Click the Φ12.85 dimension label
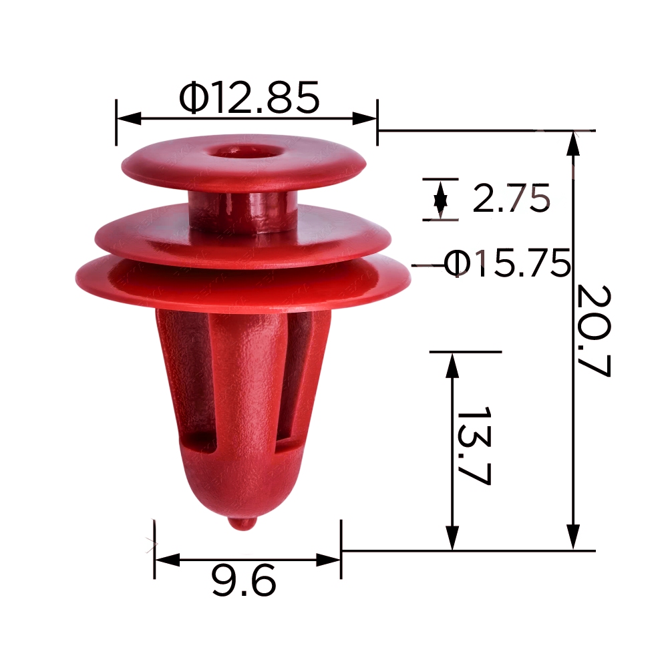pos(248,97)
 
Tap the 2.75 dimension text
pos(511,198)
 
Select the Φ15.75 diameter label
pos(507,263)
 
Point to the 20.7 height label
pos(593,331)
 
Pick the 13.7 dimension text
pos(474,446)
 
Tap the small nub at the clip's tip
pos(242,523)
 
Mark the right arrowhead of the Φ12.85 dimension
pos(365,119)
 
